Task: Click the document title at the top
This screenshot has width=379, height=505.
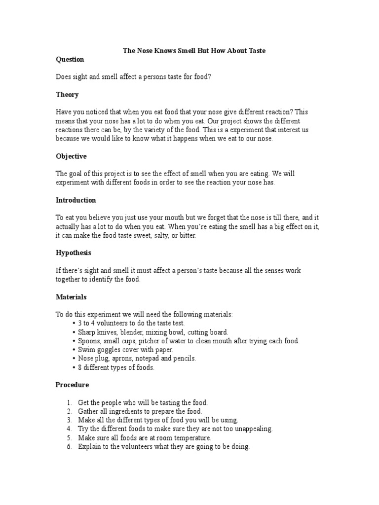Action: tap(194, 51)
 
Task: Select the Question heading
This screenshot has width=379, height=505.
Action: tap(70, 59)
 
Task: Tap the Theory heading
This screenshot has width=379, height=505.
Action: tap(67, 94)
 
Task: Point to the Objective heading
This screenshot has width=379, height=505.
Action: tap(71, 156)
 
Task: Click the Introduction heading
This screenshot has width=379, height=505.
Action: tap(76, 200)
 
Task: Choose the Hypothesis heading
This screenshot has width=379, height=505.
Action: tap(73, 253)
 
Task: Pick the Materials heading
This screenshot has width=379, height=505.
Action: tap(71, 297)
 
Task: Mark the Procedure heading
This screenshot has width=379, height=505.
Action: tap(72, 385)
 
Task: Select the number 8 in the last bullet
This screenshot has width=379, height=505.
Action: tap(80, 367)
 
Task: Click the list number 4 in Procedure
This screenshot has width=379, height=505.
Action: tap(70, 429)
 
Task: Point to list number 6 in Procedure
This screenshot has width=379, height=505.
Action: tap(70, 446)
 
